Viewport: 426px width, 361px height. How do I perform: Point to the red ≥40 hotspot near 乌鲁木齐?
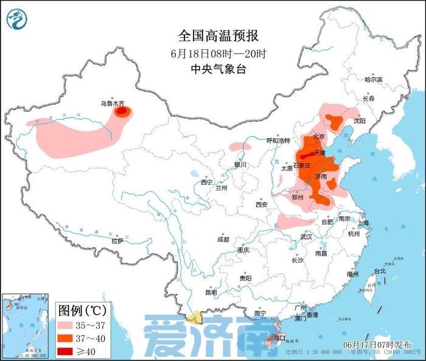(123, 112)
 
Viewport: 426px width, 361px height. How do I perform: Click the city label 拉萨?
(118, 241)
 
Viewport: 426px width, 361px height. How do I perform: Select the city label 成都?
(223, 239)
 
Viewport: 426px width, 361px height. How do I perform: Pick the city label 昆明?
(211, 292)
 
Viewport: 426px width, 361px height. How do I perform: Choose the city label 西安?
(262, 205)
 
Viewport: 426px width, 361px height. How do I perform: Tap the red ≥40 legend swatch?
(69, 351)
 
